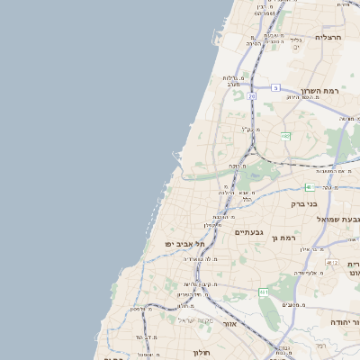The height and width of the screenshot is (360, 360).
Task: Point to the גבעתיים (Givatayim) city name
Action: click(x=247, y=232)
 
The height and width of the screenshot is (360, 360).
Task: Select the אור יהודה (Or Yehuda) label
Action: click(x=344, y=321)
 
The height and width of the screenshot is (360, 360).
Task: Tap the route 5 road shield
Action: click(x=276, y=87)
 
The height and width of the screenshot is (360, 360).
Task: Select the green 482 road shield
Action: click(x=285, y=136)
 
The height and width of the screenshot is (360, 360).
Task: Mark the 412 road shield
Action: click(x=333, y=262)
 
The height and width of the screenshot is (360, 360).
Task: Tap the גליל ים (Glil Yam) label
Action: click(x=296, y=42)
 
